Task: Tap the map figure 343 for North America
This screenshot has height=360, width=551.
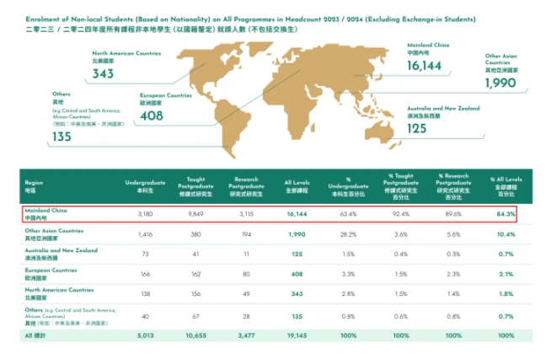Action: pyautogui.click(x=104, y=74)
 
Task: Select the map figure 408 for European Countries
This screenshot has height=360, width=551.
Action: pyautogui.click(x=152, y=116)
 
